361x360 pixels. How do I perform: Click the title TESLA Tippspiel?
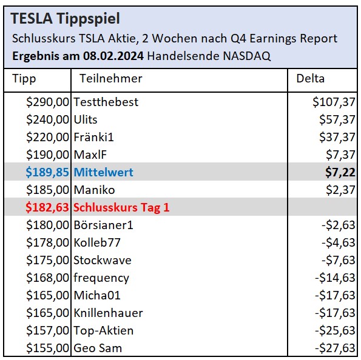click(66, 19)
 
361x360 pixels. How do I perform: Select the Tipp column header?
click(24, 79)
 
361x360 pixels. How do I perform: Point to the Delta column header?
click(310, 79)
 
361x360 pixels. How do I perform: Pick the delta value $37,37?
click(337, 137)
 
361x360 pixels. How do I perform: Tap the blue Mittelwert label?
click(103, 172)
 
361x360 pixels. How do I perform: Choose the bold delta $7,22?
click(340, 172)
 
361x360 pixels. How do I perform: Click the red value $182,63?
click(47, 207)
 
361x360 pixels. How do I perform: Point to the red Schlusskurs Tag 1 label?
click(121, 207)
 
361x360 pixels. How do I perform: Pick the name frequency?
click(101, 278)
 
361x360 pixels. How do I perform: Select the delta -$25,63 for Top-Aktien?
click(336, 331)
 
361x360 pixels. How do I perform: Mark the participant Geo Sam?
click(97, 348)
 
